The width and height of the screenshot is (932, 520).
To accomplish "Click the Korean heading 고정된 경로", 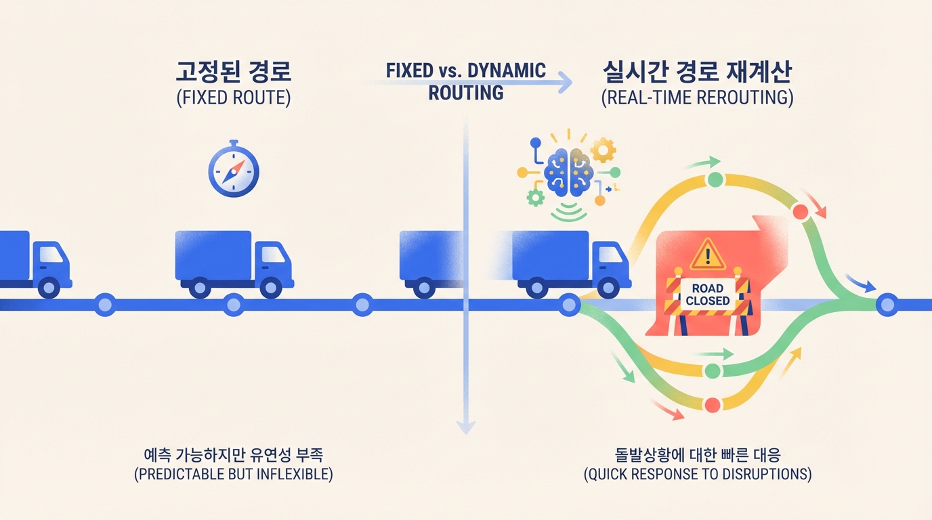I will pos(234,72).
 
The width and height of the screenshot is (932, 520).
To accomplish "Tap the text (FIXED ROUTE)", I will pos(234,98).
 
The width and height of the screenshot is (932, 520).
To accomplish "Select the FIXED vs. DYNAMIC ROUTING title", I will pos(466,81).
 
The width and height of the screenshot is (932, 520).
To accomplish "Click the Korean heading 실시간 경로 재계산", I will pos(697,72).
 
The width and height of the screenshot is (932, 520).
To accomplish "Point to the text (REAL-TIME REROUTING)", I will pos(697,97).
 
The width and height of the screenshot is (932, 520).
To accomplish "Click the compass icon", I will pos(234,170).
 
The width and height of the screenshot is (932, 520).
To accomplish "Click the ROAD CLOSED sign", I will pos(708,295).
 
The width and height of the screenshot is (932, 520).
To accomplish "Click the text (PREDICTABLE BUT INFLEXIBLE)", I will pos(234,474).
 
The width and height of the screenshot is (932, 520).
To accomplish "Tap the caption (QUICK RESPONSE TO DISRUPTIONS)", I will pos(698,474).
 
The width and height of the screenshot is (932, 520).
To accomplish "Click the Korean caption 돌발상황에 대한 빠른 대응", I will pos(698,453).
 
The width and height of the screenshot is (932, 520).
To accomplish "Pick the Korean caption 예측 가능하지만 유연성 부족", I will pos(234,453).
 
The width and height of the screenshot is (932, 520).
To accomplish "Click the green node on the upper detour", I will pos(715,180).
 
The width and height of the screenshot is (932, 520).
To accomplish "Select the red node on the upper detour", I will pos(801,211).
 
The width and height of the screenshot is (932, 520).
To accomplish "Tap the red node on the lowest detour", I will pos(711,405).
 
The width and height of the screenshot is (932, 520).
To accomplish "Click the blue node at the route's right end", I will pos(887,305).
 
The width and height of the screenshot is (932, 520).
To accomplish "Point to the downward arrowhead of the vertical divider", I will pos(465,426).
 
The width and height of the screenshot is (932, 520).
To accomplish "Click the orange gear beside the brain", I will pos(603,148).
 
